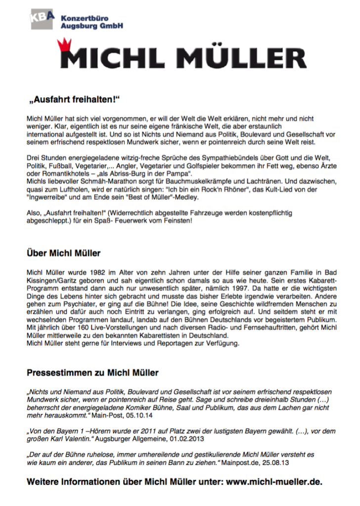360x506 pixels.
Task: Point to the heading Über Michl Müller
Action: [63, 253]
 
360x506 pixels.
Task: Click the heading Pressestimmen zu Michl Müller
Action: [92, 372]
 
